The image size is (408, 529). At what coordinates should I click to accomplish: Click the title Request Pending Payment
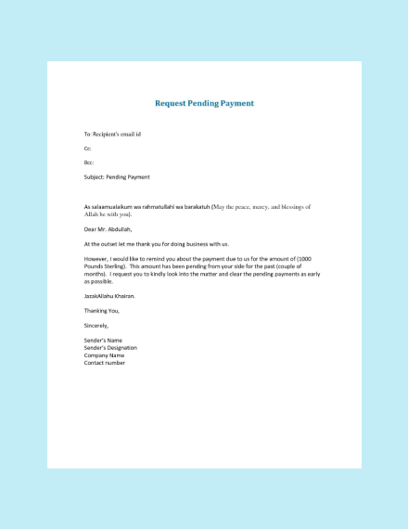pyautogui.click(x=204, y=103)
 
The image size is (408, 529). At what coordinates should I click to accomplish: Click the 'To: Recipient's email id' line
pyautogui.click(x=112, y=135)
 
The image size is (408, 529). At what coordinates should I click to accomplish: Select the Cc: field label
pyautogui.click(x=88, y=148)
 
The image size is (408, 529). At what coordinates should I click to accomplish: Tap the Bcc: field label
pyautogui.click(x=89, y=162)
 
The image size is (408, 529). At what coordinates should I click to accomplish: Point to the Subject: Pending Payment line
pyautogui.click(x=117, y=176)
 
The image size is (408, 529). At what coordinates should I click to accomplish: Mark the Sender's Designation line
pyautogui.click(x=110, y=348)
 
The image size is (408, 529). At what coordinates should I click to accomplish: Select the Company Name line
pyautogui.click(x=104, y=355)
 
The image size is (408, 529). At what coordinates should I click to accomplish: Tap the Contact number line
pyautogui.click(x=105, y=363)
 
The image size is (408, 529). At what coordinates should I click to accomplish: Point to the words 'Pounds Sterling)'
pyautogui.click(x=107, y=265)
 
